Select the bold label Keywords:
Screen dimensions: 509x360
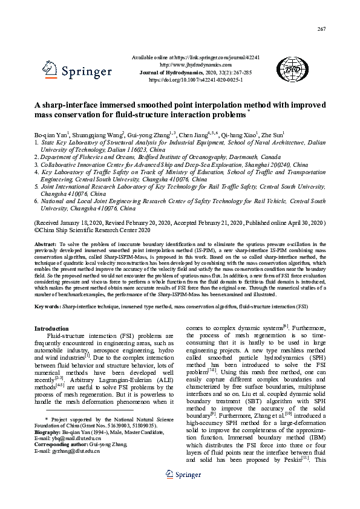tap(48, 307)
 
